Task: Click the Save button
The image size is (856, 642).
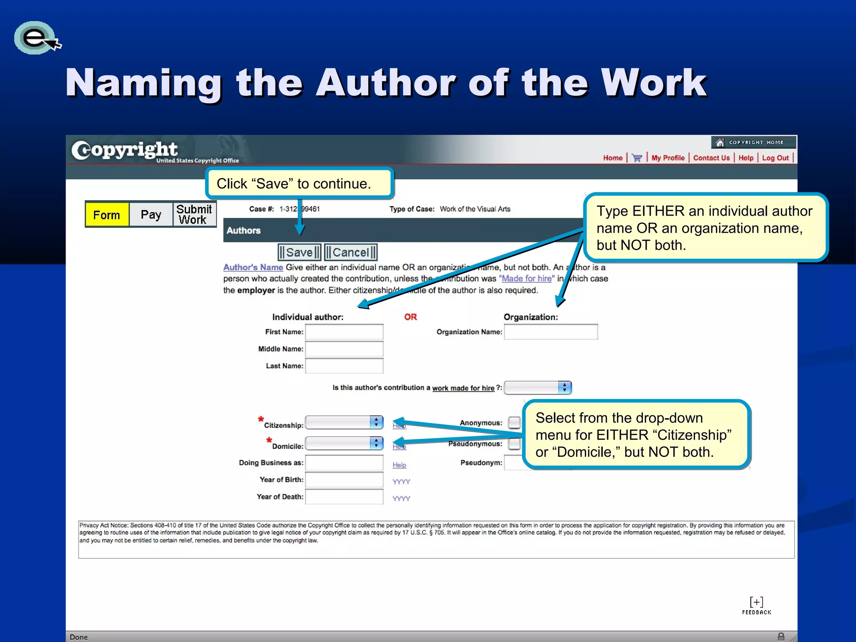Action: point(299,252)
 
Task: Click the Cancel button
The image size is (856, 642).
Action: point(351,252)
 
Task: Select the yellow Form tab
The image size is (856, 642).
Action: point(107,215)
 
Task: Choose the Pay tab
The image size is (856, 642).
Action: point(151,215)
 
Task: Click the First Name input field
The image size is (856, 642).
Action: point(344,332)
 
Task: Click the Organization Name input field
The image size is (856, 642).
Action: point(550,332)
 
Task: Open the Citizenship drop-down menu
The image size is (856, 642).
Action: point(344,423)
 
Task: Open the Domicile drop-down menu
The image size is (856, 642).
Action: point(344,443)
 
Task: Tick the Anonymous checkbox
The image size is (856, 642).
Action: point(514,423)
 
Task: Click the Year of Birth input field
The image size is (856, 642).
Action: point(344,480)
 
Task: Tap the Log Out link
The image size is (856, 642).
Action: point(775,158)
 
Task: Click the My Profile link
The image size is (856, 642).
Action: point(668,158)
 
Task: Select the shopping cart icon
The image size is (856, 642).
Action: point(637,158)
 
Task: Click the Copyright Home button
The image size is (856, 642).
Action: point(753,143)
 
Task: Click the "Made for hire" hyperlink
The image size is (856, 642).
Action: point(527,279)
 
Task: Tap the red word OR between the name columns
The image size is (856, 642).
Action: point(410,317)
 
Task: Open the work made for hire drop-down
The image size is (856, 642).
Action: point(538,388)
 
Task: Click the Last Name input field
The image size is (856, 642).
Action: point(344,366)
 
